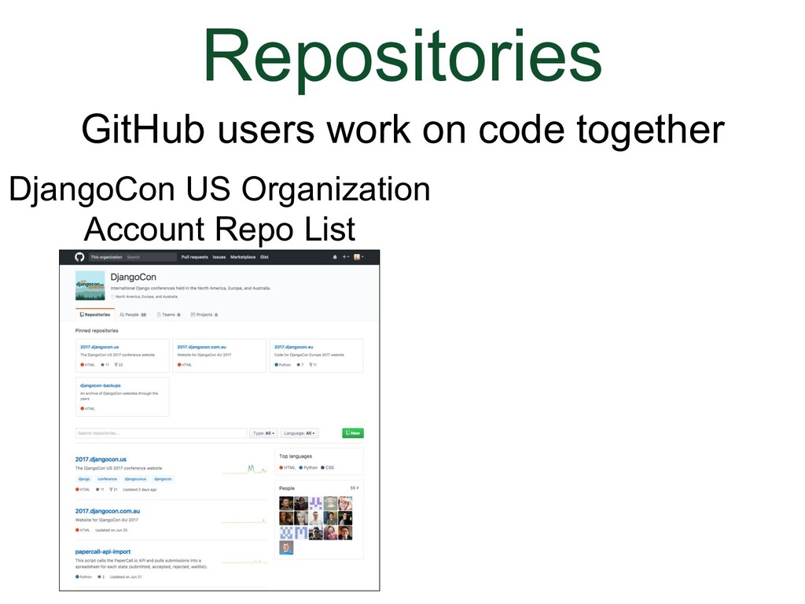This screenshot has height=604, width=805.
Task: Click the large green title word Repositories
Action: click(x=402, y=57)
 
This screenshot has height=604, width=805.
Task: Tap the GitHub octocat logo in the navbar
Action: click(x=79, y=257)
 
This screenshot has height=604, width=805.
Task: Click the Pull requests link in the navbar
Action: click(x=194, y=257)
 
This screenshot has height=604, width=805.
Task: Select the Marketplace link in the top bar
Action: click(x=243, y=257)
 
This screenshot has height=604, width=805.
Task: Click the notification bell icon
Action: click(x=335, y=257)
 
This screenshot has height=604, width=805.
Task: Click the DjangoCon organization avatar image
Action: click(x=90, y=285)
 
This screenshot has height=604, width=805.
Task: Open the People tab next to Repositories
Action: click(x=133, y=315)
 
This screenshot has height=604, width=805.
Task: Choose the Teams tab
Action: click(x=169, y=315)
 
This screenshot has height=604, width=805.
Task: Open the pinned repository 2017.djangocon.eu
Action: click(x=294, y=346)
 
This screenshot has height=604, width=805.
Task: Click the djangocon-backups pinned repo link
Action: click(x=100, y=385)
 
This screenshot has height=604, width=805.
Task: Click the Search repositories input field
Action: click(x=160, y=433)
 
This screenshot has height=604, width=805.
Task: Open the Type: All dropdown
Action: click(x=263, y=433)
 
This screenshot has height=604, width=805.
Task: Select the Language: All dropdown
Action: click(x=299, y=433)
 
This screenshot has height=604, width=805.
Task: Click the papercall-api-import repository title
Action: click(x=103, y=551)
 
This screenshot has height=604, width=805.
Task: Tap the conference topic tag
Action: click(x=107, y=479)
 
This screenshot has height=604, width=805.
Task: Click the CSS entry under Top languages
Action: click(x=328, y=468)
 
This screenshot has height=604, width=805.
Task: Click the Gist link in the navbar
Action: click(x=264, y=257)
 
